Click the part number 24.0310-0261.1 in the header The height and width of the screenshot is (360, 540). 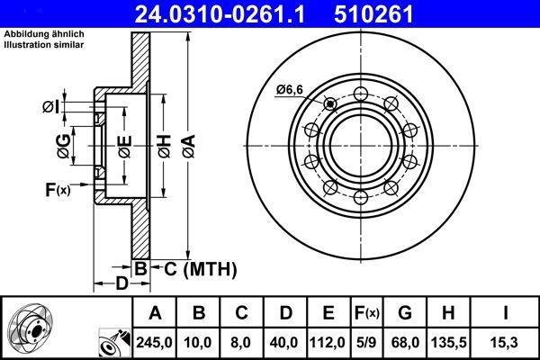click(220, 14)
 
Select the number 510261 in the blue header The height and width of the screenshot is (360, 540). click(373, 14)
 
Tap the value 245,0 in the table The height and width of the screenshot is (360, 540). click(154, 343)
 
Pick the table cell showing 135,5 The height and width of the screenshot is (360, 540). click(449, 343)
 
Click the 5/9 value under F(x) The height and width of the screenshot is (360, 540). click(366, 343)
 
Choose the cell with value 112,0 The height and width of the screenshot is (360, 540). click(328, 343)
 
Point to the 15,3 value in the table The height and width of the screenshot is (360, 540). click(505, 343)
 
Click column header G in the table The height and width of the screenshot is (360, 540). click(405, 313)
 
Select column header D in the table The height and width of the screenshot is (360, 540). click(286, 313)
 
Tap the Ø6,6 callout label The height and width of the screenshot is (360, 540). click(290, 90)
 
